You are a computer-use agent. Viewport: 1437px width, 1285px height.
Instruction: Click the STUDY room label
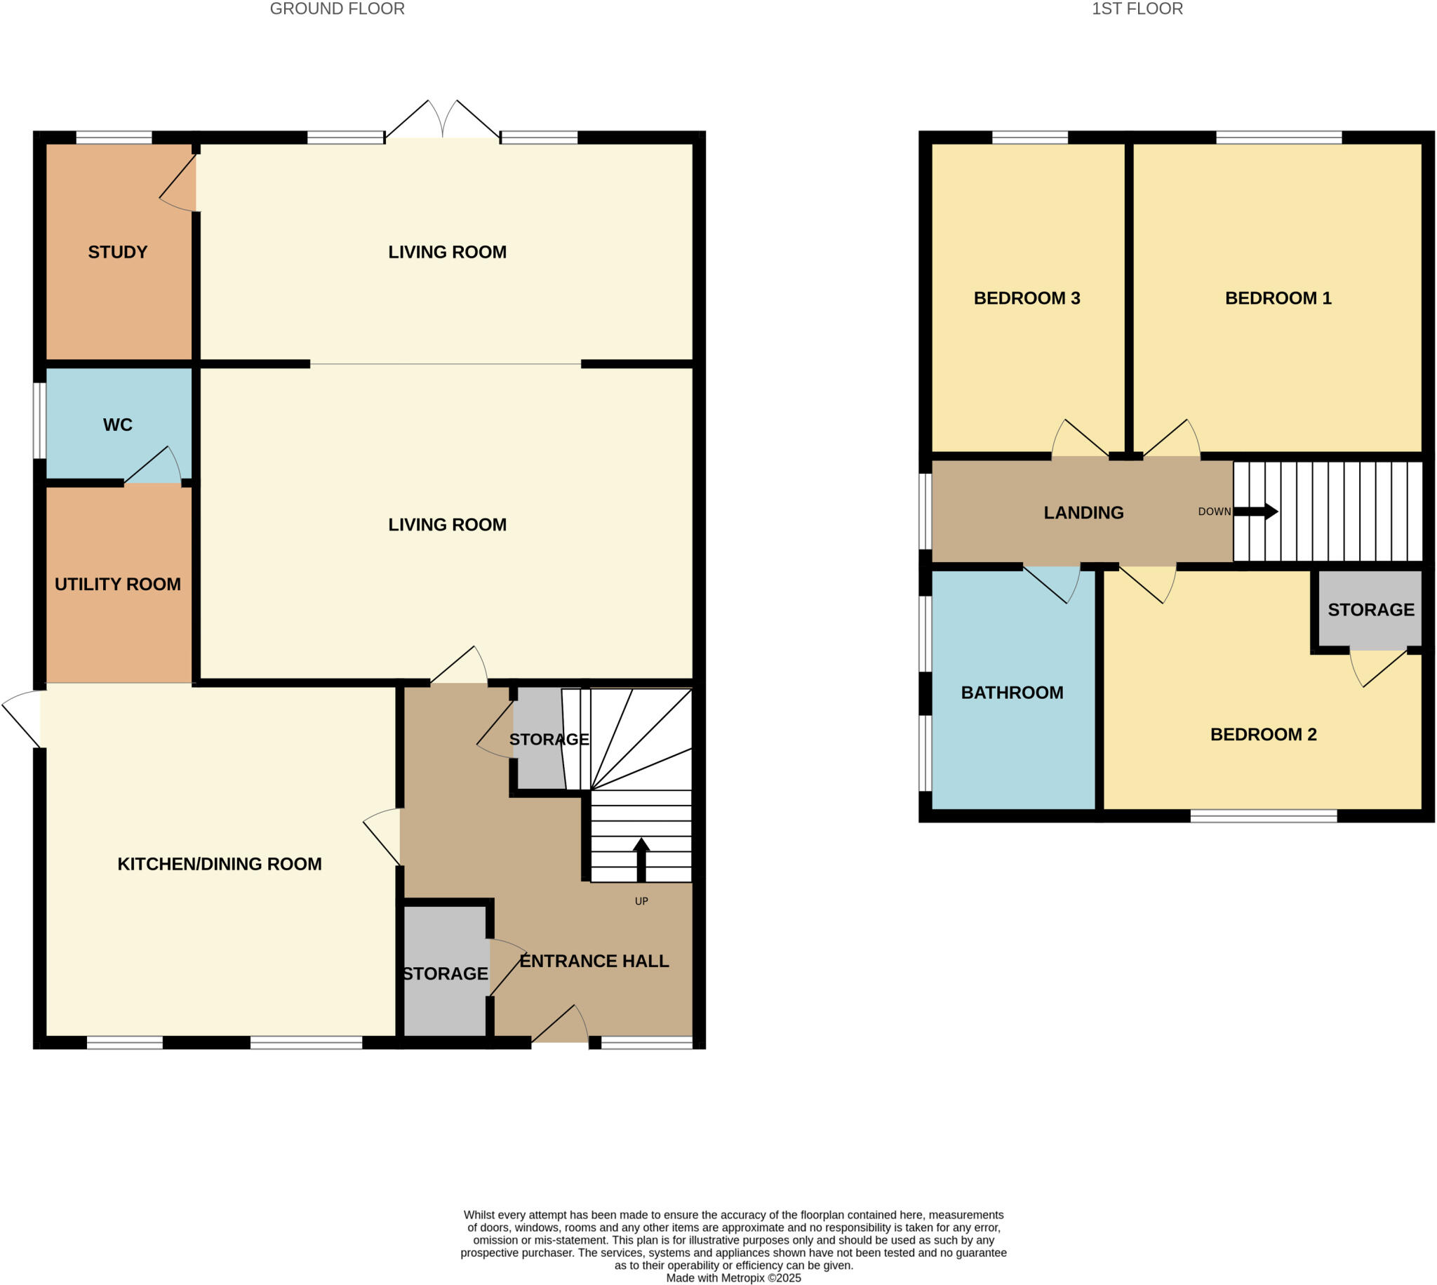point(117,252)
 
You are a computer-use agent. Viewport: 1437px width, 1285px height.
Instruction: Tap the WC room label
point(117,425)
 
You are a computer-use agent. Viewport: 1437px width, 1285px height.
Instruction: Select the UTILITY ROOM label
point(117,584)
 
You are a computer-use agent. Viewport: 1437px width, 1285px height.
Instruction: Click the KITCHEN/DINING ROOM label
point(219,863)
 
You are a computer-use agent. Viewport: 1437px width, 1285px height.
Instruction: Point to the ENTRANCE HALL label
point(594,961)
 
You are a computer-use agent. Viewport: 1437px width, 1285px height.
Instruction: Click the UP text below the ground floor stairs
point(641,901)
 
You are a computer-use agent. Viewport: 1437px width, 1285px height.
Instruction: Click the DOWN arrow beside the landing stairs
point(1255,511)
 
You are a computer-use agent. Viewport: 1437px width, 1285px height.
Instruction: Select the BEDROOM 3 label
point(1027,298)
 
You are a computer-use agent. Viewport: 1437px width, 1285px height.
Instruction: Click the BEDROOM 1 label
point(1278,298)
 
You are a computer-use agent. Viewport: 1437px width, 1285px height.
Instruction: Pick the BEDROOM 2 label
point(1263,734)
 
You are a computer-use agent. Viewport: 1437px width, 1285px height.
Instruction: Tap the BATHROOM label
point(1011,693)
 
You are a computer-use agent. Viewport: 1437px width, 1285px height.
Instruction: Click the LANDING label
point(1083,512)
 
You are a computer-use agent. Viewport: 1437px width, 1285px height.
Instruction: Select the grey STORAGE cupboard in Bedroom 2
point(1370,610)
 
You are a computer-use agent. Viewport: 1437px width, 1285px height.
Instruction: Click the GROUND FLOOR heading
point(337,9)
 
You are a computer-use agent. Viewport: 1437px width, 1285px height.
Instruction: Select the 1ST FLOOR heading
point(1137,9)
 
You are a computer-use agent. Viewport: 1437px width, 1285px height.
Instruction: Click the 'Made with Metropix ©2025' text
point(733,1278)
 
